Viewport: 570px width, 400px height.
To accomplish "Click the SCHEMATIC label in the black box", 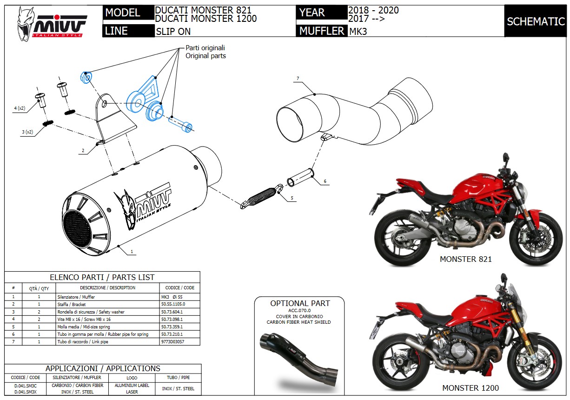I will click(x=536, y=21).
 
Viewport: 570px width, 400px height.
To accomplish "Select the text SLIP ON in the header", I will click(x=173, y=32).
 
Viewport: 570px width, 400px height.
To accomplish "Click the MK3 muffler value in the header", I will click(x=358, y=32).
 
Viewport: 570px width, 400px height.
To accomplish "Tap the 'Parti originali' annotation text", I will click(x=205, y=48).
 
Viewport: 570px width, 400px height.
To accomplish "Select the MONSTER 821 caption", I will click(x=465, y=259).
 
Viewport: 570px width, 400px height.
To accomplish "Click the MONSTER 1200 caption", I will click(x=470, y=388).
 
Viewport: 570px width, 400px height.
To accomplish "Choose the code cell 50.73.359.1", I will click(x=172, y=327).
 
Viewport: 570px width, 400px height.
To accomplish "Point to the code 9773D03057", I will click(x=173, y=341).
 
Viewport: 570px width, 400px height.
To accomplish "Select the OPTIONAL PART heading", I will click(x=300, y=303).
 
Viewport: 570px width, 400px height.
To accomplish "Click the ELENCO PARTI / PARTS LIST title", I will click(x=102, y=277).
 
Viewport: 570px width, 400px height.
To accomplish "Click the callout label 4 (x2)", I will click(x=19, y=108).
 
